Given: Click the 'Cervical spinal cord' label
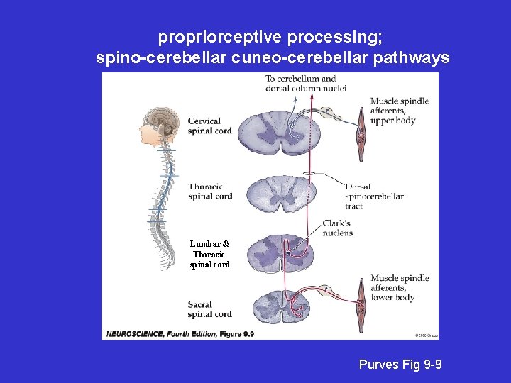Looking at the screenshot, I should (209, 126).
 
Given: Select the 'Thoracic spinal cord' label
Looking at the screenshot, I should (210, 191).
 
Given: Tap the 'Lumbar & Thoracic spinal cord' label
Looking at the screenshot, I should (209, 254).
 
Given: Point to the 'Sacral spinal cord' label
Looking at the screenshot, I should (209, 309).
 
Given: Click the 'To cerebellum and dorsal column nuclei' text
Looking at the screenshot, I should (305, 83).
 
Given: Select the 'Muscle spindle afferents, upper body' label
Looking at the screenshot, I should (400, 111).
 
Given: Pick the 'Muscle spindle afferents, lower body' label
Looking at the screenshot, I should (400, 288).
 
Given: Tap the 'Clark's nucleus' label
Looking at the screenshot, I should (337, 228).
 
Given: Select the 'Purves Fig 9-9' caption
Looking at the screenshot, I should (401, 365).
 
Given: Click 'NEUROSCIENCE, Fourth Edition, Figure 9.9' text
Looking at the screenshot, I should (180, 333).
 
